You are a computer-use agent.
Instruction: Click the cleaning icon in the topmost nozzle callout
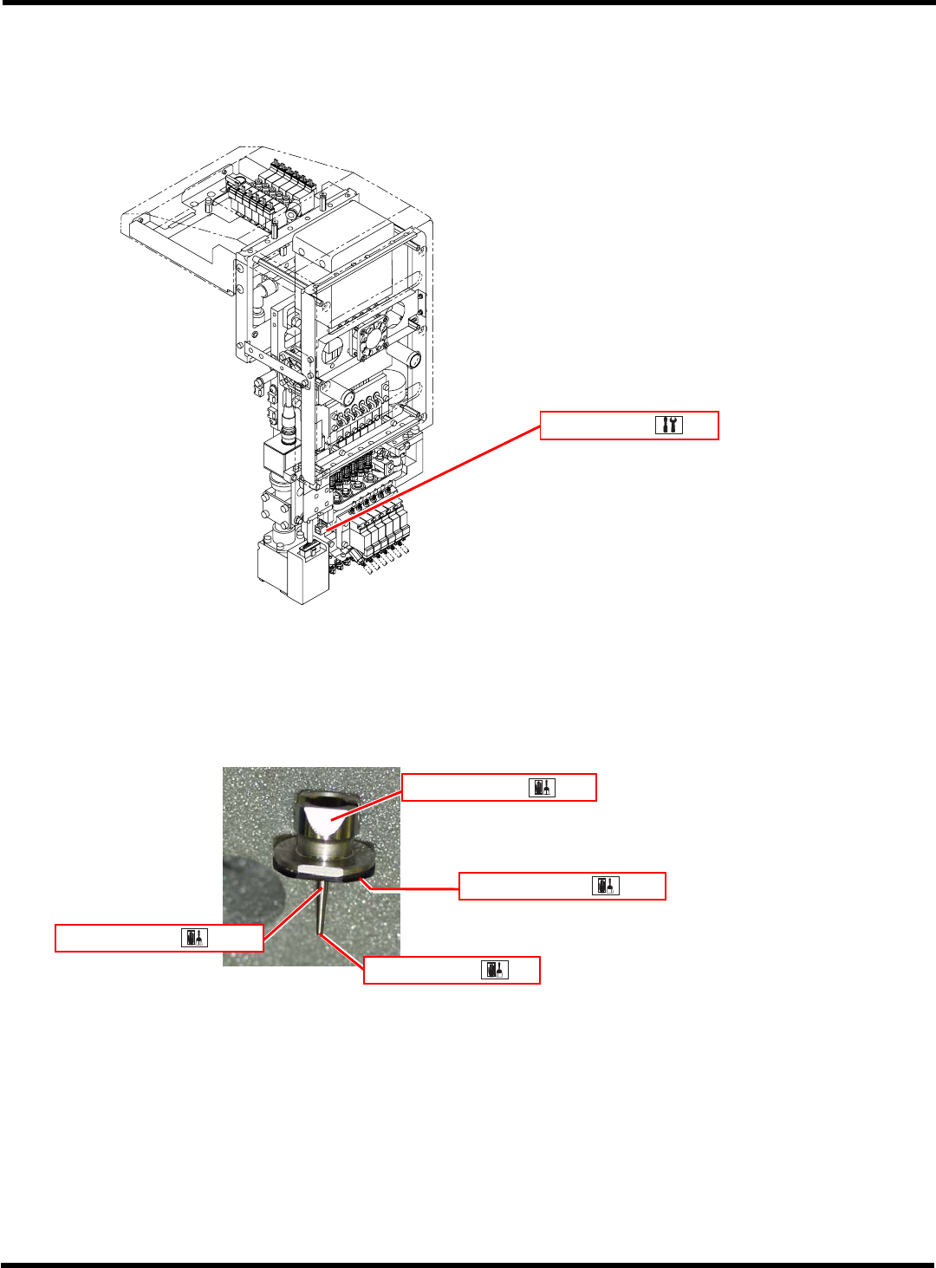542,787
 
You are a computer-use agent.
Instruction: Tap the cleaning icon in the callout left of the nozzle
194,938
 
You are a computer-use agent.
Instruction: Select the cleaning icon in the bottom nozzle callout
495,970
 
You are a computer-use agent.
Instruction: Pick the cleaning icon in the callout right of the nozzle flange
605,886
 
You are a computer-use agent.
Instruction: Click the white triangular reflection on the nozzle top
328,820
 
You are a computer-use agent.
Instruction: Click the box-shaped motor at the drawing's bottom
292,572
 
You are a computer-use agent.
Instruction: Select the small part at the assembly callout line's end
321,525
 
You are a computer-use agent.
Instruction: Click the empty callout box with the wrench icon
598,426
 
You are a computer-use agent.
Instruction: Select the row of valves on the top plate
269,195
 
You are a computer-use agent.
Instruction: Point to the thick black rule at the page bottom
468,1265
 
